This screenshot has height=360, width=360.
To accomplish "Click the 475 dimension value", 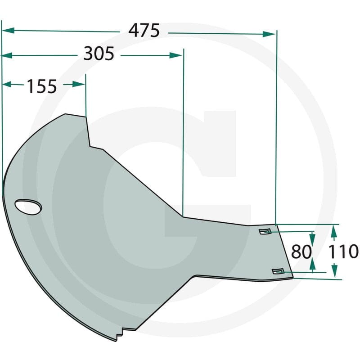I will point(144,31).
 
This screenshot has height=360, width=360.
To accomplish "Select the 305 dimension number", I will point(99,54).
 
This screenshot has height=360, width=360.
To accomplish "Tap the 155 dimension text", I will point(42,85).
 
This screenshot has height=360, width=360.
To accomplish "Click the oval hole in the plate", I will point(28,207).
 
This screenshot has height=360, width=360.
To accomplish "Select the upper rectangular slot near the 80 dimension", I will point(265,231).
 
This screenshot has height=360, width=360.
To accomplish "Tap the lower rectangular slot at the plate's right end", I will point(278,270).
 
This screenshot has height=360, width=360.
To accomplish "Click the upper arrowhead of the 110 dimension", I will point(333,230).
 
